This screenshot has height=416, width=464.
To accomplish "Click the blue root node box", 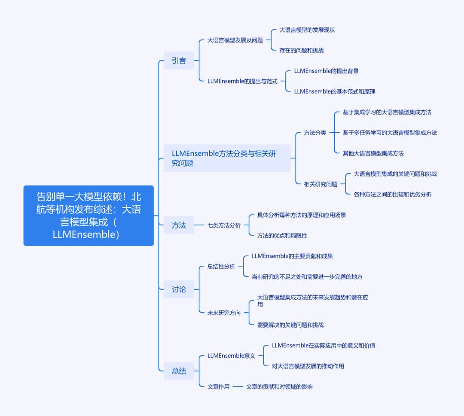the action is click(x=89, y=216).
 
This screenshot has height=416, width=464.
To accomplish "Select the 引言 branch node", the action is click(x=179, y=61).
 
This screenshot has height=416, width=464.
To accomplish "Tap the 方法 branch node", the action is click(x=179, y=225).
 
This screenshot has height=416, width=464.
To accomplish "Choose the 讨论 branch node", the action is click(x=179, y=289).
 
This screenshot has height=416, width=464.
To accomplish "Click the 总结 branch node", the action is click(x=179, y=371).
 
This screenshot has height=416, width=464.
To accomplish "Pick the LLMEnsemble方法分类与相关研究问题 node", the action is click(x=227, y=158).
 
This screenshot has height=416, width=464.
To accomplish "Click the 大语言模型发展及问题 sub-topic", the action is click(x=235, y=40).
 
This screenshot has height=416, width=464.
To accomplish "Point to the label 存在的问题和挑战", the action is click(x=302, y=51).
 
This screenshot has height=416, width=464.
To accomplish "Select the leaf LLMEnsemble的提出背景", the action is click(x=326, y=71).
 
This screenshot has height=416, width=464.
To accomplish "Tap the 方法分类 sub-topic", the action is click(x=315, y=133).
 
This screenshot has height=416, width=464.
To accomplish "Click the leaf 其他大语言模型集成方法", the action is click(x=373, y=153).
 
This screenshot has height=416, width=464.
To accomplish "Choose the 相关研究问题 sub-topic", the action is click(x=321, y=184).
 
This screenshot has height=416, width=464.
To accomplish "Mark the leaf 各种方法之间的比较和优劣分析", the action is click(x=392, y=194).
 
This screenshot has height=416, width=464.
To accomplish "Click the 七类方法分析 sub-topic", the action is click(x=224, y=225).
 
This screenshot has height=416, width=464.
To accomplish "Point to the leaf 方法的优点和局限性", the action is click(x=282, y=236).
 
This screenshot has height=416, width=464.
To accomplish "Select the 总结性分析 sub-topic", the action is click(x=221, y=267).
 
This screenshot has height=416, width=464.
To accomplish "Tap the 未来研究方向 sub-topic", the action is click(x=224, y=313).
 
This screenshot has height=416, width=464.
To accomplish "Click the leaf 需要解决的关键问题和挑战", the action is click(x=290, y=325).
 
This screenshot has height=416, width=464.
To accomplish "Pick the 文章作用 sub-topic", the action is click(x=218, y=386).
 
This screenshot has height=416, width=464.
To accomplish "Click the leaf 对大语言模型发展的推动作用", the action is click(x=308, y=366).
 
